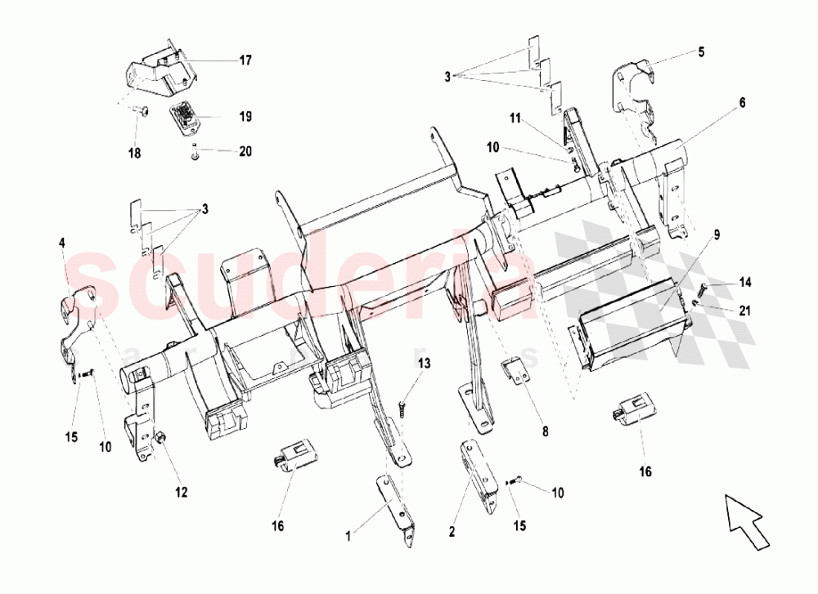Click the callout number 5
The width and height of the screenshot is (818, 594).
pyautogui.click(x=700, y=52)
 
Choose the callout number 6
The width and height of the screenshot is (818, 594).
pyautogui.click(x=742, y=103)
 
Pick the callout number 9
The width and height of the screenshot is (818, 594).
pyautogui.click(x=717, y=235)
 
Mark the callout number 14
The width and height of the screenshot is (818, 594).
pyautogui.click(x=744, y=283)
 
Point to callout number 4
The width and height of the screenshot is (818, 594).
pyautogui.click(x=61, y=243)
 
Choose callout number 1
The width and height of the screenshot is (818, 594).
pyautogui.click(x=348, y=536)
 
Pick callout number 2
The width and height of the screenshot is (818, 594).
pyautogui.click(x=451, y=532)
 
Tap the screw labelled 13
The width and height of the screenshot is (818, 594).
pyautogui.click(x=402, y=404)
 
